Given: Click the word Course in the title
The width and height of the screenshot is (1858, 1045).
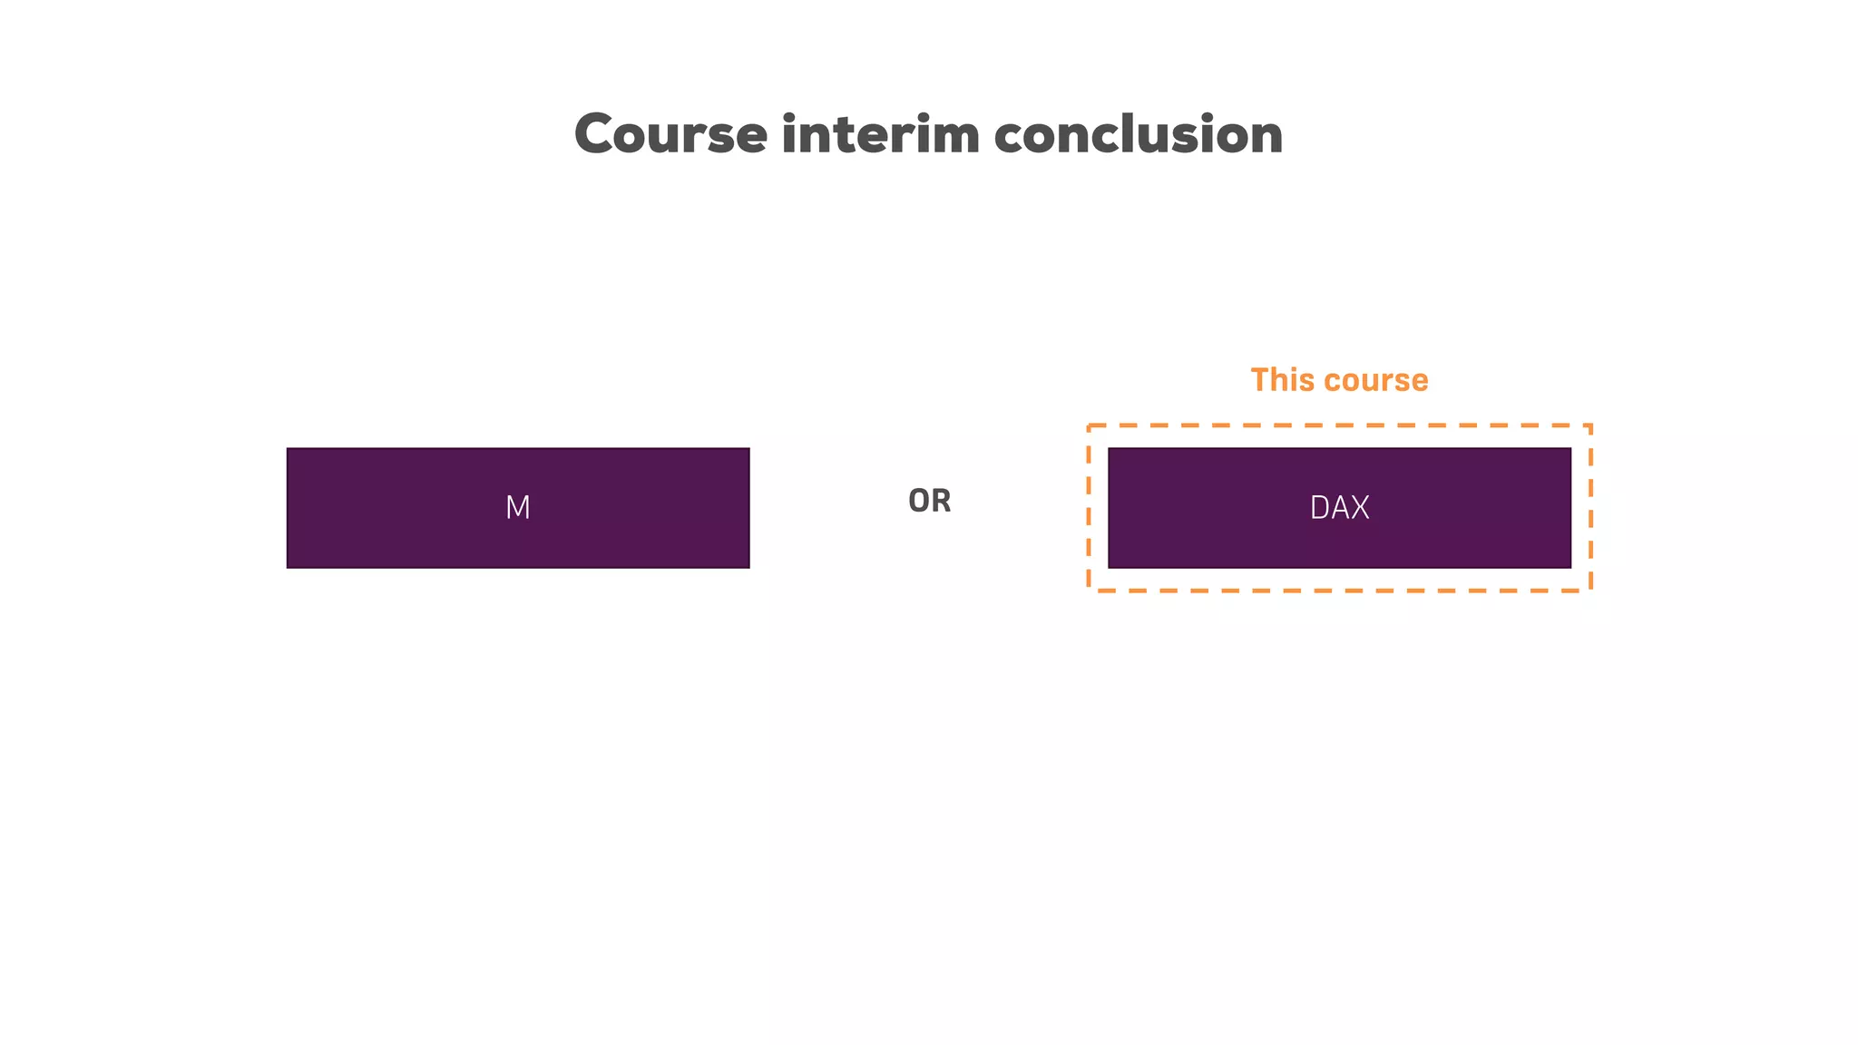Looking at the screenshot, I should point(671,135).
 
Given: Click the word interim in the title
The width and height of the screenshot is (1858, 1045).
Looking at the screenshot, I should point(880,135).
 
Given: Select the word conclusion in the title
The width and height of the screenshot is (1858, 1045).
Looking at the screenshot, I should point(1138,135).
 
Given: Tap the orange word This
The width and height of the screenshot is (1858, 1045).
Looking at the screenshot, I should point(1281,380).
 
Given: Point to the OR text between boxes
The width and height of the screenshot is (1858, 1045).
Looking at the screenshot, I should point(930,501).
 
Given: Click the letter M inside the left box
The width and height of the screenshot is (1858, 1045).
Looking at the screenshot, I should point(518,508).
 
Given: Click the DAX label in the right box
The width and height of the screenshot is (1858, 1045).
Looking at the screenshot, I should point(1339,508).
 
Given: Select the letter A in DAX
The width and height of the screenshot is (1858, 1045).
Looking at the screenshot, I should point(1339,508).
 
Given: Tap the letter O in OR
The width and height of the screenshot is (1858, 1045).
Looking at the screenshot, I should point(919,501).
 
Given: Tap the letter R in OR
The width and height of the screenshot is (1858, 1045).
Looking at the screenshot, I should point(941,501).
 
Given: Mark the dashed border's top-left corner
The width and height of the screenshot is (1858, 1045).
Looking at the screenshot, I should point(1090,425).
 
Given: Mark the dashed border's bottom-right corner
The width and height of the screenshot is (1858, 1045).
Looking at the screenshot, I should point(1590,591).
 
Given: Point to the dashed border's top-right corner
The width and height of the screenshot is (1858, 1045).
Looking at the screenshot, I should point(1590,425).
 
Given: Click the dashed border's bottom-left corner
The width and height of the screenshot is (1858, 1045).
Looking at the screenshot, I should point(1090,591).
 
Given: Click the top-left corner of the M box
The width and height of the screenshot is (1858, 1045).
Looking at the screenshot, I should point(288,449).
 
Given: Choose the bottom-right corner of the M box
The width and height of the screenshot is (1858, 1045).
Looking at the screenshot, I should point(748,567).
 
